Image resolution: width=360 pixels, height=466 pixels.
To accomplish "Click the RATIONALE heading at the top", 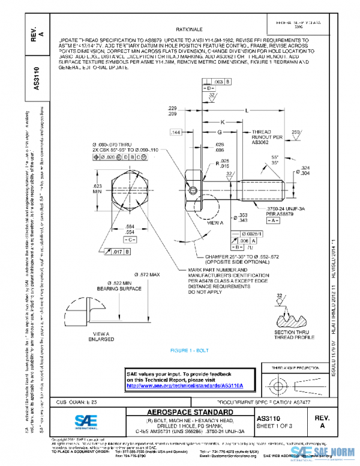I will [x=189, y=29].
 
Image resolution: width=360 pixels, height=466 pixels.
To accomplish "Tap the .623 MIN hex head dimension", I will [x=97, y=189].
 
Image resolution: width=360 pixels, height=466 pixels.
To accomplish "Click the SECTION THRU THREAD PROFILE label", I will [x=294, y=334].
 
